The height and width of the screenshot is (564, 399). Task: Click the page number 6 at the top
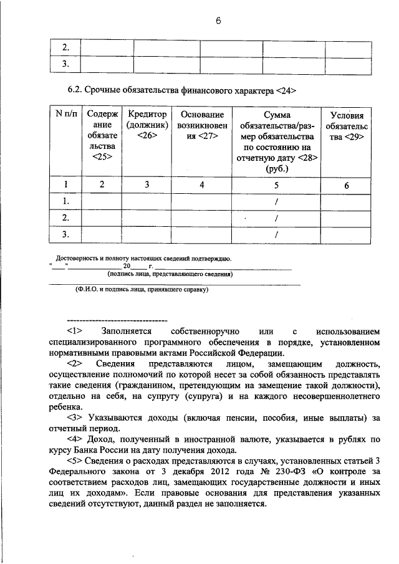pos(219,21)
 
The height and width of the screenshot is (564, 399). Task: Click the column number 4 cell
pos(201,184)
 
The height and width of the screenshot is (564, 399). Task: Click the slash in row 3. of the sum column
pos(276,234)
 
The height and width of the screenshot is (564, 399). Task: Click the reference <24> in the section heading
pos(284,90)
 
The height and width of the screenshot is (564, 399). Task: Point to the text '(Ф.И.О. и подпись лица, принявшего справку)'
pos(142,289)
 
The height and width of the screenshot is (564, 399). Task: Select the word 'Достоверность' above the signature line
pos(75,258)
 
